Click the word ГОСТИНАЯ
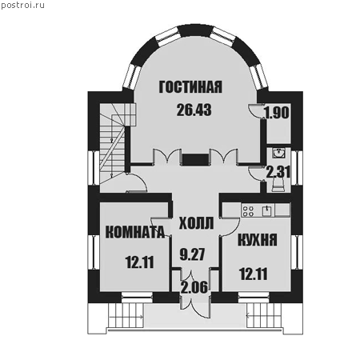[x=190, y=87]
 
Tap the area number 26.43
[x=194, y=110]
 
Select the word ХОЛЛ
[x=196, y=223]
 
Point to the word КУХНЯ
[x=258, y=239]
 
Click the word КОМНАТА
[x=135, y=232]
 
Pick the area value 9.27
[x=192, y=254]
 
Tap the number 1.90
[x=277, y=113]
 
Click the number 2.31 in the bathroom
[x=278, y=172]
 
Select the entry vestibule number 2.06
[x=194, y=287]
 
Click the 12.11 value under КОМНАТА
[x=140, y=262]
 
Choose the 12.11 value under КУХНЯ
[x=254, y=274]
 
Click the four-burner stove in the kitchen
[x=248, y=210]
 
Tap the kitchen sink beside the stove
[x=267, y=210]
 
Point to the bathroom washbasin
[x=279, y=154]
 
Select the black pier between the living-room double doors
[x=195, y=159]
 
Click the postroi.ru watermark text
[x=22, y=5]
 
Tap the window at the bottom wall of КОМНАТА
[x=137, y=297]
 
